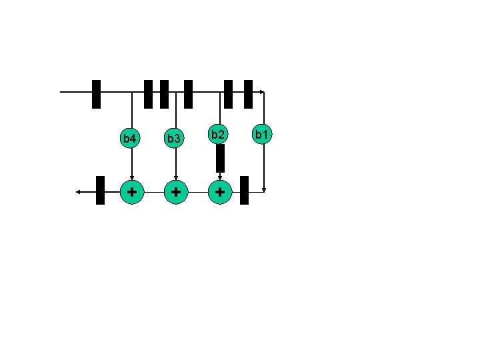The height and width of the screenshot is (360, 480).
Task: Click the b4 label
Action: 130,139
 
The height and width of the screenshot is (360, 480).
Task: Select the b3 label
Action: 174,139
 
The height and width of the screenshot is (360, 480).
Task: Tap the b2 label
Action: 217,135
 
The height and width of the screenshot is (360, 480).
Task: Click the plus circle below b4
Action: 132,192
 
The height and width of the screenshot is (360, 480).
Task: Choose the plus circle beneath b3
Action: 175,192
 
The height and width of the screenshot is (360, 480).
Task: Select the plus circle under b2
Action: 220,192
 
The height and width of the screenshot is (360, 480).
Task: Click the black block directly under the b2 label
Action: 221,159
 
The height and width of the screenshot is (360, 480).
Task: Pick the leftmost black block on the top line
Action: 96,94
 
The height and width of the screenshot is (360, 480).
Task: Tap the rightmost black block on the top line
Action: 248,94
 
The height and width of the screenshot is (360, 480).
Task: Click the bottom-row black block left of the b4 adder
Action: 101,190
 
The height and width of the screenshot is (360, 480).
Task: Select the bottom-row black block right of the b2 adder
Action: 244,190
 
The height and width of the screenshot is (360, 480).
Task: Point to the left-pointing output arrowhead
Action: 78,192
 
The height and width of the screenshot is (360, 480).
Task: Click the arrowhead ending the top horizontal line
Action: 263,92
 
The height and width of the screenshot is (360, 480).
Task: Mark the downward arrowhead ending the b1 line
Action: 265,189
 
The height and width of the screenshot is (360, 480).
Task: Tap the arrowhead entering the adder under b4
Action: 131,177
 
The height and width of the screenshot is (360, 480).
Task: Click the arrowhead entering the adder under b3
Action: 175,177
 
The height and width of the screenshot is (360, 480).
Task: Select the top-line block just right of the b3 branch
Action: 188,94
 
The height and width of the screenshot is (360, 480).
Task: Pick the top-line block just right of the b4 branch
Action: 149,94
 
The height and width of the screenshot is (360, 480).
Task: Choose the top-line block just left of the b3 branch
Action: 164,94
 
